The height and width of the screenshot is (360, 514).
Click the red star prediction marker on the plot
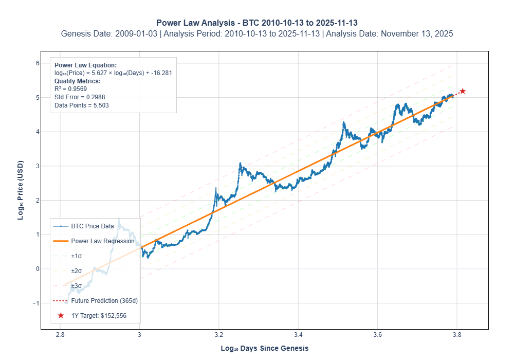(463, 91)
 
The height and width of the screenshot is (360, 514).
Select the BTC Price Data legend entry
(92, 226)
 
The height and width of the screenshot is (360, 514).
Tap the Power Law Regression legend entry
(102, 241)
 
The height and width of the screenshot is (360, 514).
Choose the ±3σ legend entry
(76, 285)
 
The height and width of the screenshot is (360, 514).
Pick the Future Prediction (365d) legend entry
(104, 300)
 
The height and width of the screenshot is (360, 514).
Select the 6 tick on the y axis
(38, 63)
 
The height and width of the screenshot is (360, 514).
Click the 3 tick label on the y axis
(38, 166)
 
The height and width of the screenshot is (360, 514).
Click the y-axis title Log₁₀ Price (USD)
(21, 190)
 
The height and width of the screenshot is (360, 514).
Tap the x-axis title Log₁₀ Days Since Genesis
(265, 348)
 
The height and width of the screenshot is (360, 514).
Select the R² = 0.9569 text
(69, 89)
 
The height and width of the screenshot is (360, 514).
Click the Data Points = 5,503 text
(81, 105)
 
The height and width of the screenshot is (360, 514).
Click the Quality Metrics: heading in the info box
(77, 81)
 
